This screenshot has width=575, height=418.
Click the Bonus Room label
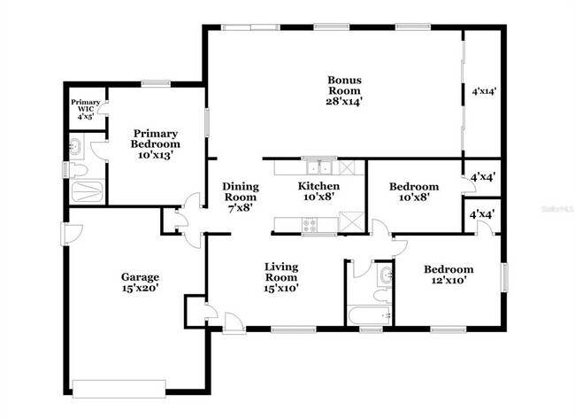(x=345, y=90)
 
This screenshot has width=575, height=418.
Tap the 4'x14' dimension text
(x=485, y=90)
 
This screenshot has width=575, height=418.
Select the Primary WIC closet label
(x=85, y=108)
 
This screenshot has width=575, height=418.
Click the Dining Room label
(x=240, y=197)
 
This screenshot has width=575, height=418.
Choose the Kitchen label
(x=318, y=192)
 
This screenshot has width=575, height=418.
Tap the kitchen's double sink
(x=316, y=167)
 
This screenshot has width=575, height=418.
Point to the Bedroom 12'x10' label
(x=448, y=275)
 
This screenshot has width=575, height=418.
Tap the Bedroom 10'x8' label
(x=414, y=192)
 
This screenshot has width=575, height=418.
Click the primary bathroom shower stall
(x=86, y=190)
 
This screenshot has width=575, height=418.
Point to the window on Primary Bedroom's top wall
(x=157, y=83)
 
